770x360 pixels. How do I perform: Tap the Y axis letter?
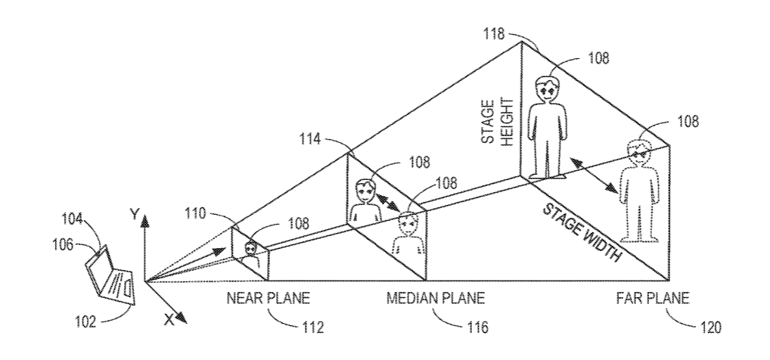(x=134, y=216)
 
